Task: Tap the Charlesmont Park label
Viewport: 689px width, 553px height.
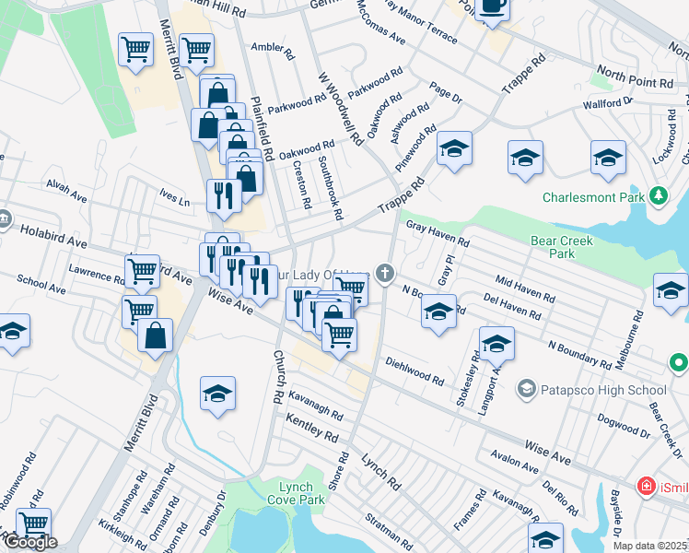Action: pos(595,197)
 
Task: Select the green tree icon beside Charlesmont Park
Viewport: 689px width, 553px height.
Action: pos(658,196)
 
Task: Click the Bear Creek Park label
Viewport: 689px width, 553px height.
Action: pos(563,247)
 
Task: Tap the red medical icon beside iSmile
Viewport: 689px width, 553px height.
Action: pos(648,486)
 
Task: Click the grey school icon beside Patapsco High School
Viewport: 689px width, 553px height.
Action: pos(526,390)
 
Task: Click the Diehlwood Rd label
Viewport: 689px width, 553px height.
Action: pos(415,370)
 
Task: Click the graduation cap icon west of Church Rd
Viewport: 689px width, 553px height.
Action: pos(218,394)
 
